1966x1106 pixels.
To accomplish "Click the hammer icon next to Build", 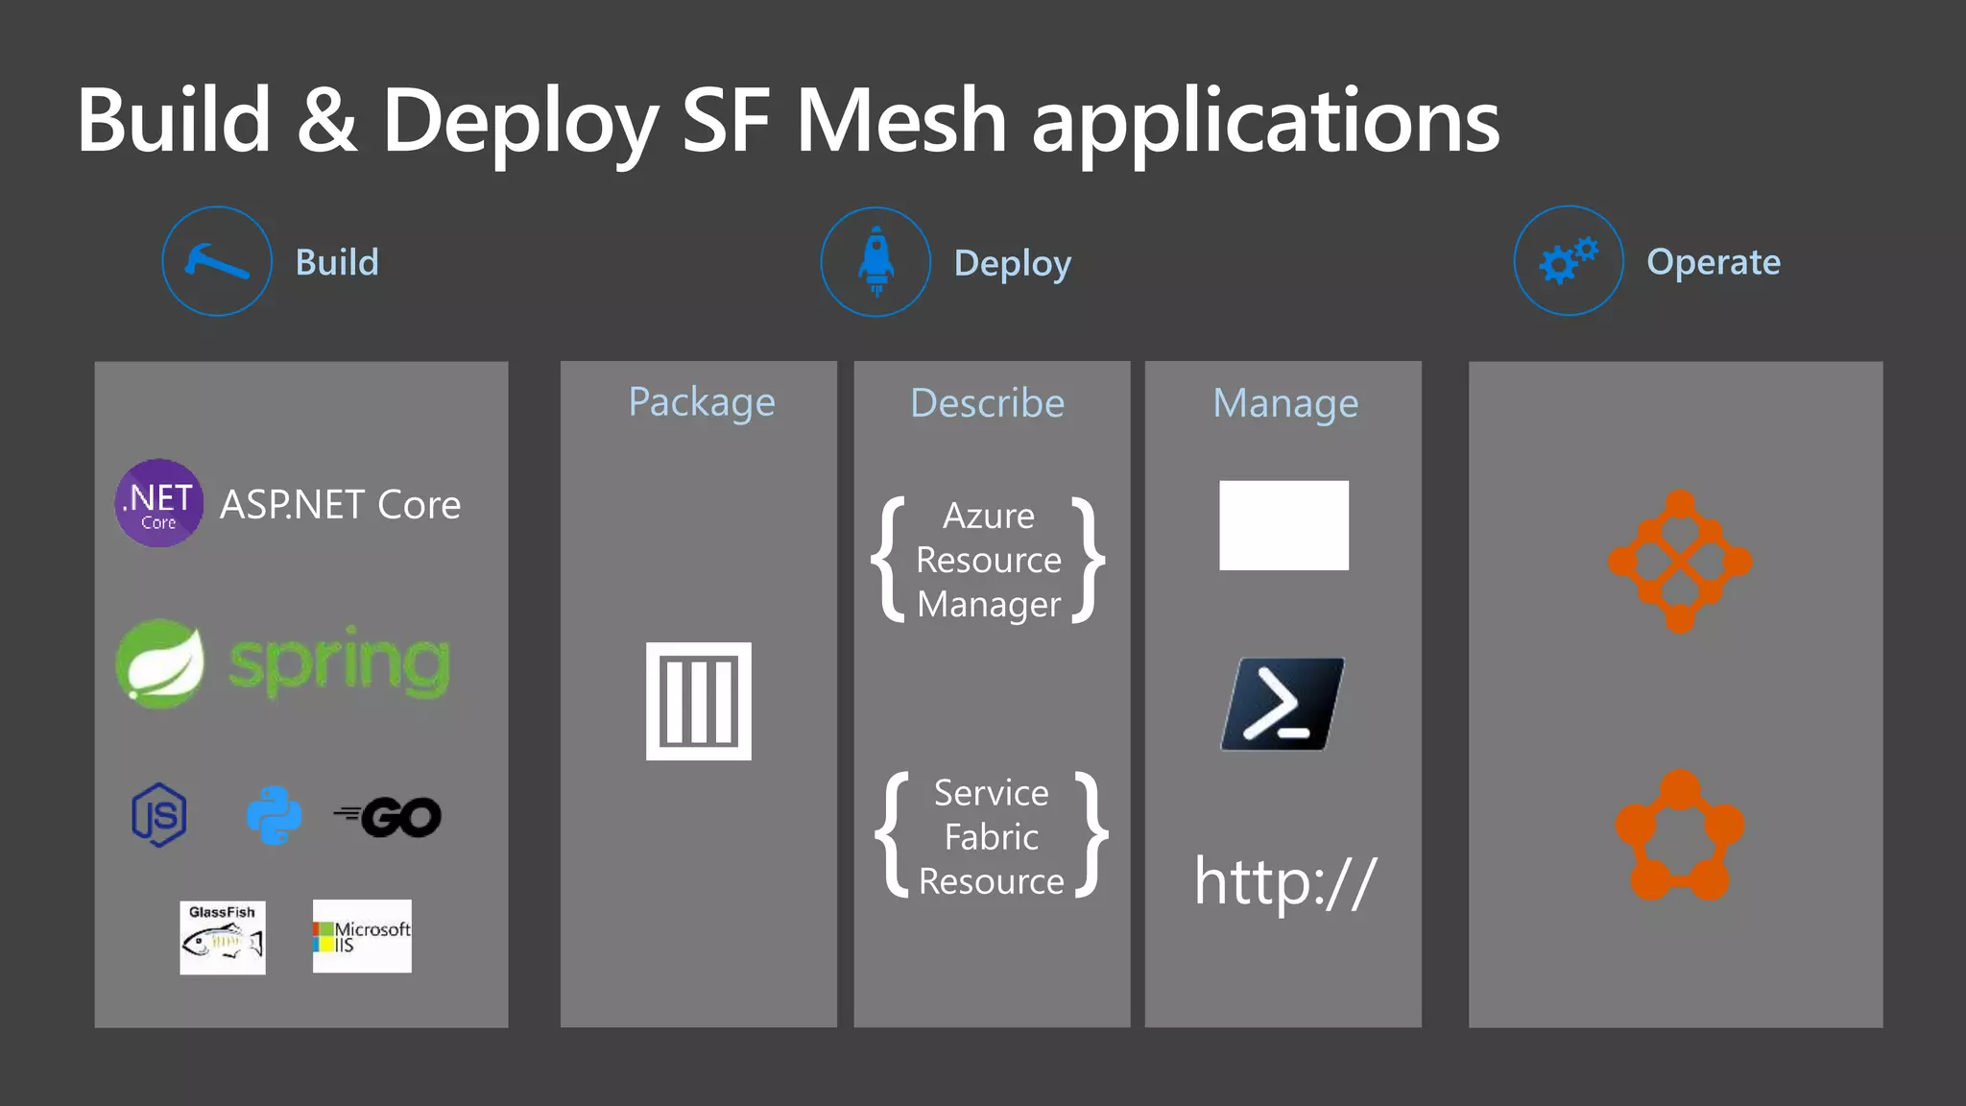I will click(217, 261).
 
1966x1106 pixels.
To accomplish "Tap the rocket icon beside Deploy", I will click(875, 261).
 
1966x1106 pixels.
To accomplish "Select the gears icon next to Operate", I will click(1569, 261).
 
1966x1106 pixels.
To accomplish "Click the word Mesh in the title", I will click(900, 121).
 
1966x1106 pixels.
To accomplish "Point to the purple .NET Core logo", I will click(159, 503).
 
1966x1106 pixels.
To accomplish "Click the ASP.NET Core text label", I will click(340, 505).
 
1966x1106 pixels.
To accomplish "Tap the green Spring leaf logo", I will click(160, 663).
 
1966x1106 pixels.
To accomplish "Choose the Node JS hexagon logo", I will click(159, 815).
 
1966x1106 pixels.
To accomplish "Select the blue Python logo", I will click(275, 815).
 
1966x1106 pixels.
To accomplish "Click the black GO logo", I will click(388, 817).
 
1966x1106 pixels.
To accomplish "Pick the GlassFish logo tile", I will click(223, 937).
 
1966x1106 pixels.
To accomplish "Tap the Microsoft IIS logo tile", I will click(362, 936).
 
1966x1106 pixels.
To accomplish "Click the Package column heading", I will click(702, 402).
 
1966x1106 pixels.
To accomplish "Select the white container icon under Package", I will click(699, 701).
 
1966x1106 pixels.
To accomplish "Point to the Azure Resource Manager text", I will click(989, 560).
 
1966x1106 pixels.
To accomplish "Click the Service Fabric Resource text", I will click(991, 836).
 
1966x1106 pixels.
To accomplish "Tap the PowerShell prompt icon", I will click(1283, 704).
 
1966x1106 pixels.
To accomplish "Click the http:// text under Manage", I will click(1284, 881).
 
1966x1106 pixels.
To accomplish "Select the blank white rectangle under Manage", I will click(1283, 525).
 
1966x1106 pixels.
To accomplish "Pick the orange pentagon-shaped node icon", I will click(1680, 835).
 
